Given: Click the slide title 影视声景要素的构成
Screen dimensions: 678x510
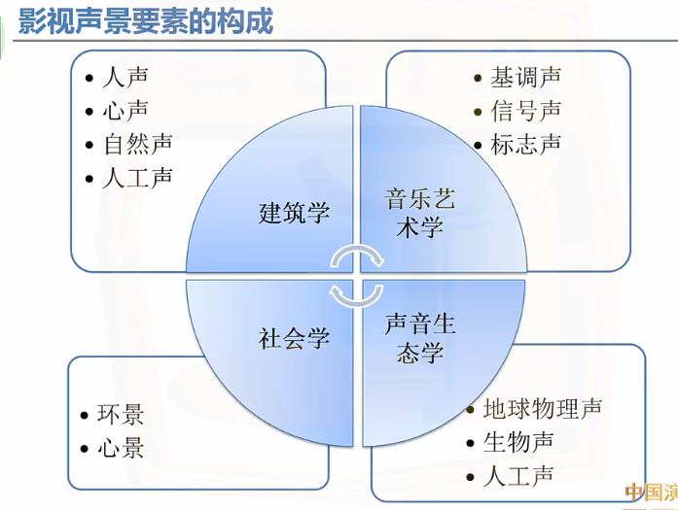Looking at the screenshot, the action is tap(146, 20).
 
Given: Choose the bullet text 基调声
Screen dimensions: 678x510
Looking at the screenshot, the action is tap(526, 77).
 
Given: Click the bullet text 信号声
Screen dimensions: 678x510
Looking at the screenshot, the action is tap(526, 111).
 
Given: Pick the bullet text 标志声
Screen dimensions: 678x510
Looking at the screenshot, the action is tap(526, 145).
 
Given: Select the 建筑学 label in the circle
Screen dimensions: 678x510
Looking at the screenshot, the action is tap(295, 212).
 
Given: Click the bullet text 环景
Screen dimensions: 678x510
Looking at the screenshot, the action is tap(121, 414).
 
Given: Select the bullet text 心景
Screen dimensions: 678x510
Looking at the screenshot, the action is tap(121, 448).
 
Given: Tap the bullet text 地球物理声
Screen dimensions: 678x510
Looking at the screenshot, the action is tap(543, 407).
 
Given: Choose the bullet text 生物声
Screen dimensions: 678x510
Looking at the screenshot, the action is tap(518, 442).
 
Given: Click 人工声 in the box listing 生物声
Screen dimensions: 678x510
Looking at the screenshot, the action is tap(518, 476).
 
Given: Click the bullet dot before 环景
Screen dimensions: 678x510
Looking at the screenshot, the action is tap(85, 416).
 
